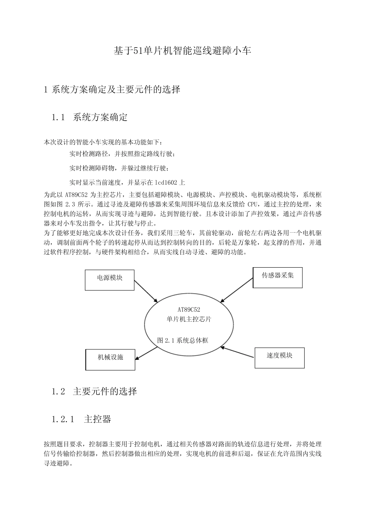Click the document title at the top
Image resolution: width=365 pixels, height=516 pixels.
pyautogui.click(x=182, y=50)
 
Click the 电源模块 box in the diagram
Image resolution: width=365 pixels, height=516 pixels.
pyautogui.click(x=109, y=279)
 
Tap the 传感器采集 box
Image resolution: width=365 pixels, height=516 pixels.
pyautogui.click(x=277, y=277)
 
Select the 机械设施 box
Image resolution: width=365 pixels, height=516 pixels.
pyautogui.click(x=110, y=359)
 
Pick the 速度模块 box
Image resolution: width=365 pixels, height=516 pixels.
pyautogui.click(x=279, y=358)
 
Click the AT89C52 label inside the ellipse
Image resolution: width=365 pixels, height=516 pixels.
pyautogui.click(x=189, y=309)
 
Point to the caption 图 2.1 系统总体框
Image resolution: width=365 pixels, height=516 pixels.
pyautogui.click(x=183, y=341)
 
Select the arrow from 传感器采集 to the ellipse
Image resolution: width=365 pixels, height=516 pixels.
pyautogui.click(x=237, y=291)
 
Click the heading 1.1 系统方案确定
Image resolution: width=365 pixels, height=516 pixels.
pyautogui.click(x=90, y=117)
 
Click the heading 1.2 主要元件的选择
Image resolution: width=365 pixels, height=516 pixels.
pyautogui.click(x=94, y=392)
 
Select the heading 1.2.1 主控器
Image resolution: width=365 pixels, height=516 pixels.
pyautogui.click(x=81, y=419)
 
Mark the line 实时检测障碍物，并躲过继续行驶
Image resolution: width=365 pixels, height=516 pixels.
pyautogui.click(x=119, y=168)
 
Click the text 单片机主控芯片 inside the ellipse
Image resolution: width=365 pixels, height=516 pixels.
pyautogui.click(x=189, y=319)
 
